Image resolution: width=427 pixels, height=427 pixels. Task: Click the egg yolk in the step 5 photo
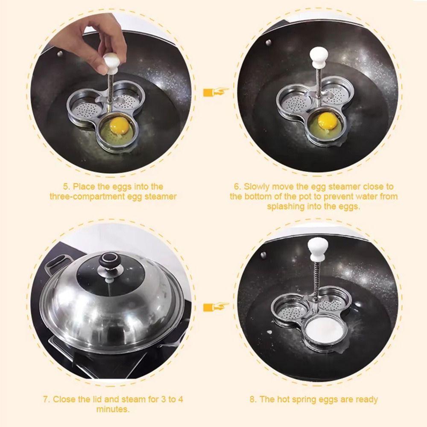click(119, 126)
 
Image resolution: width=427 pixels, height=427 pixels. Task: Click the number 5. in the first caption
click(67, 187)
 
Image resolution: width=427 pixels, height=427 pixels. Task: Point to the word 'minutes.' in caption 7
click(113, 409)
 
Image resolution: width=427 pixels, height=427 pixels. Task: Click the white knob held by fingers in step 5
click(111, 64)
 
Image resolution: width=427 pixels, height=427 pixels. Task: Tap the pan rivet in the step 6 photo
click(268, 42)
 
